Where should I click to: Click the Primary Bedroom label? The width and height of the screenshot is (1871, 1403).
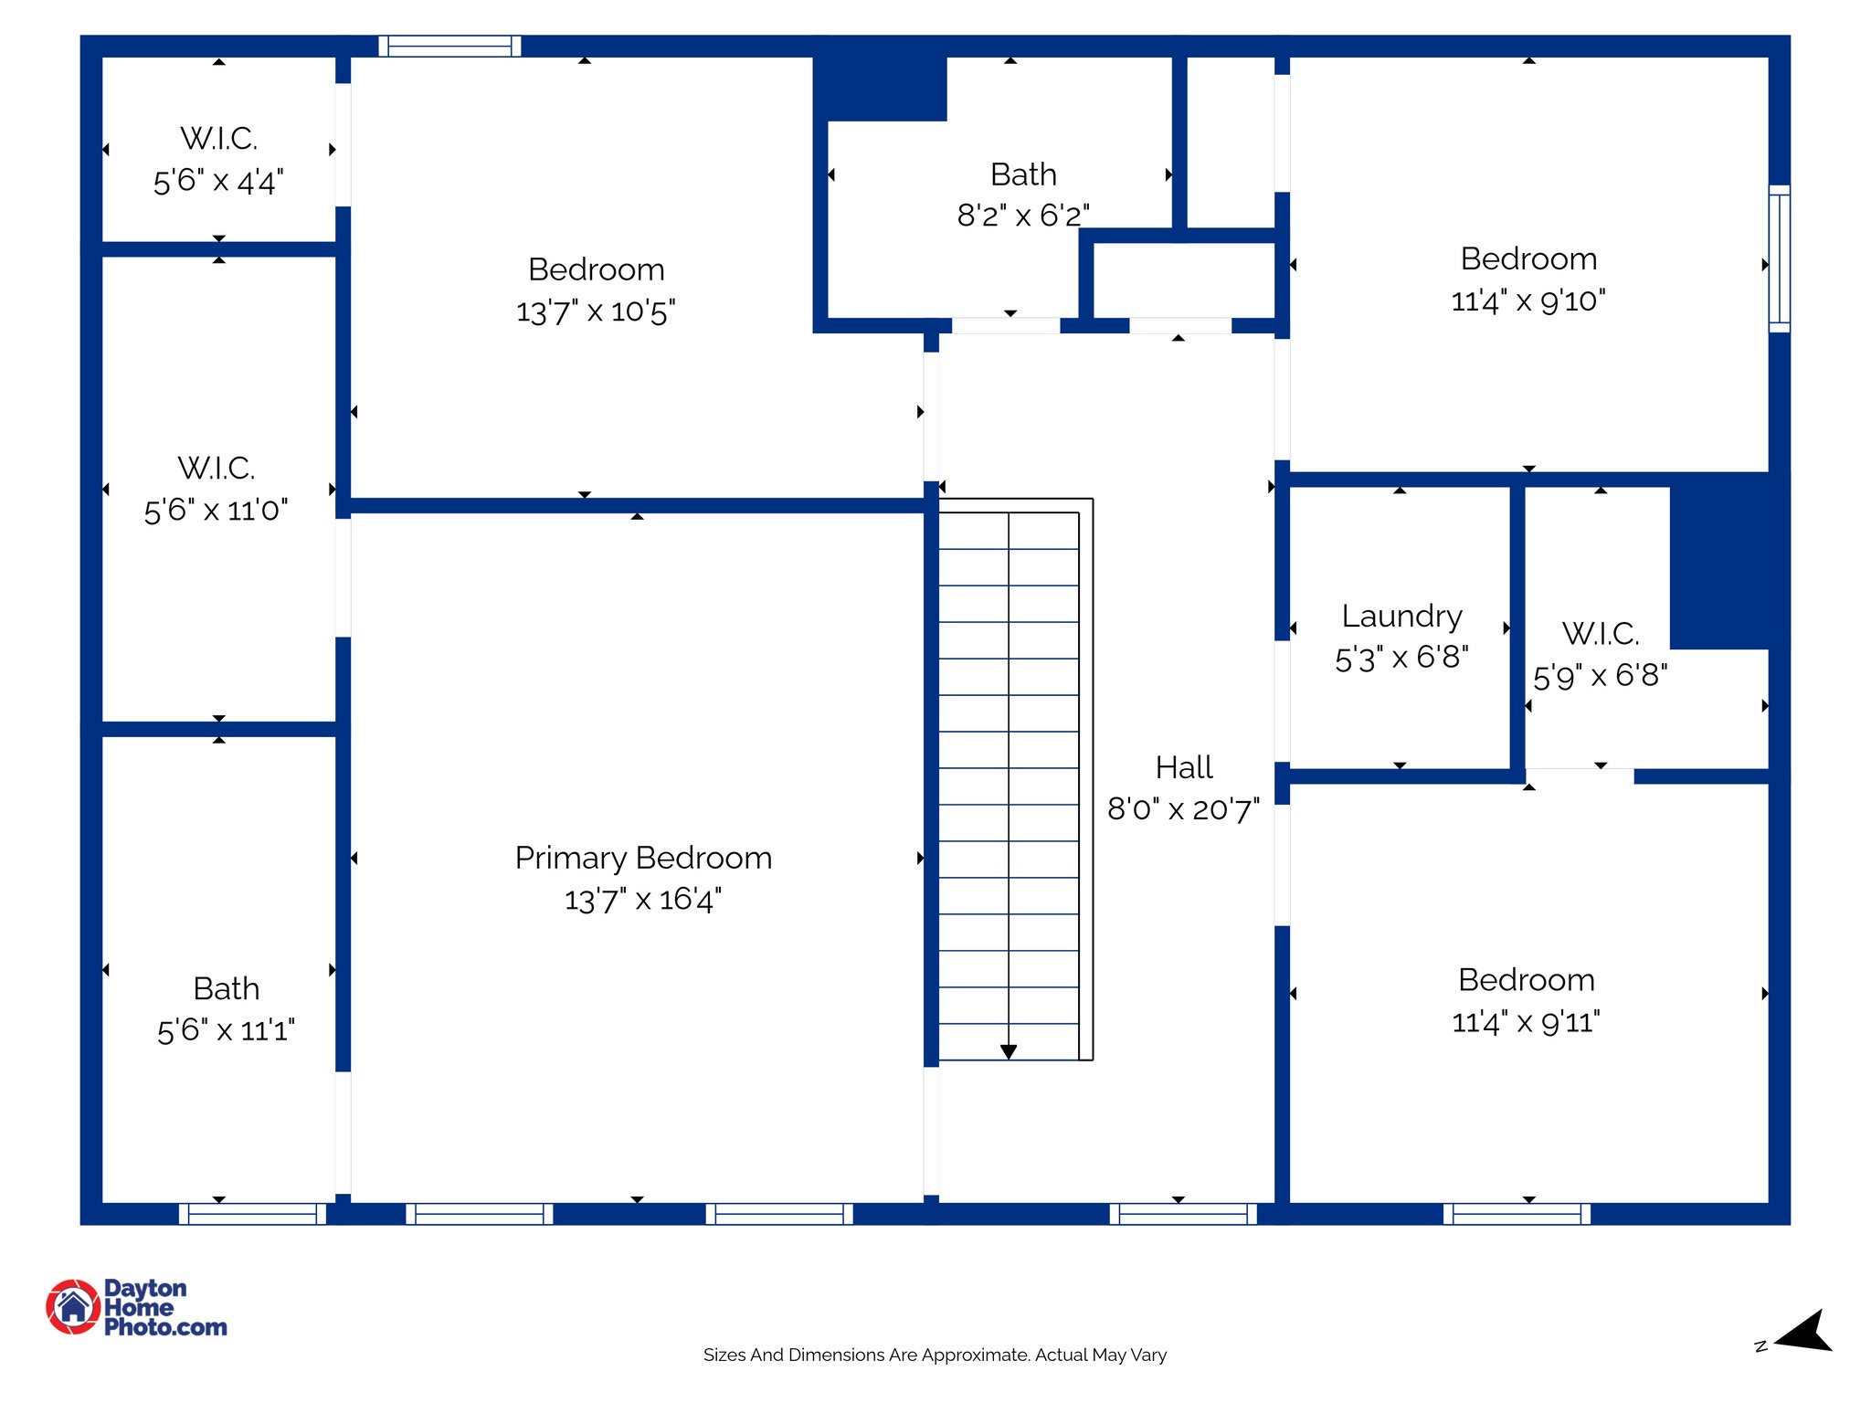pyautogui.click(x=643, y=858)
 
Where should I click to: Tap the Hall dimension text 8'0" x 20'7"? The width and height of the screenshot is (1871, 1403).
pyautogui.click(x=1183, y=809)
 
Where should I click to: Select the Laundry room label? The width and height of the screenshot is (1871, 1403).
pyautogui.click(x=1401, y=617)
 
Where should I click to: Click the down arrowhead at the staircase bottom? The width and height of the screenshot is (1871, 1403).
pyautogui.click(x=1009, y=1051)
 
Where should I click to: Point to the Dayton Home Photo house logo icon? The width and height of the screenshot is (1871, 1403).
pyautogui.click(x=73, y=1306)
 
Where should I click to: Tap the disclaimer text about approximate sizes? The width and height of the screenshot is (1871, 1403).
pyautogui.click(x=935, y=1355)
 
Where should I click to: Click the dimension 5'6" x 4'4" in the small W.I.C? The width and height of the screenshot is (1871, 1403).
pyautogui.click(x=218, y=181)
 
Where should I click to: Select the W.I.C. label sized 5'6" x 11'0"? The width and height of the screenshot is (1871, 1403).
pyautogui.click(x=217, y=469)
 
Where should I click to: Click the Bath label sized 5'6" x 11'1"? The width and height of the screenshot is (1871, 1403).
pyautogui.click(x=226, y=989)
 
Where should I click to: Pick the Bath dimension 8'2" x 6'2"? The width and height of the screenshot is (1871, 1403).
pyautogui.click(x=1022, y=216)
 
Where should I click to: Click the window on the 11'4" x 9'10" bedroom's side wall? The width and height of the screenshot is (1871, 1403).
pyautogui.click(x=1779, y=258)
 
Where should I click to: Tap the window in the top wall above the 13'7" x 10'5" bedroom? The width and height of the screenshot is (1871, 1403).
pyautogui.click(x=449, y=46)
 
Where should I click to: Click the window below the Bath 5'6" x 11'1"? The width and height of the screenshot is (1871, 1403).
pyautogui.click(x=252, y=1213)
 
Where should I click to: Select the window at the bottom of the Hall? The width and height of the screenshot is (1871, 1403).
pyautogui.click(x=1183, y=1213)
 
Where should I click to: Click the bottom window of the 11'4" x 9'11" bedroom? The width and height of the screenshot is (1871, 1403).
pyautogui.click(x=1517, y=1213)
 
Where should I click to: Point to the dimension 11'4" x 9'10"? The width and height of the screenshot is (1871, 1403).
pyautogui.click(x=1527, y=301)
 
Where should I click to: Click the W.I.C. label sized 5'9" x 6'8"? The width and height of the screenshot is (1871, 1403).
pyautogui.click(x=1600, y=634)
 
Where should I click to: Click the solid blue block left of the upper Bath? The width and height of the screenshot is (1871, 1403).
pyautogui.click(x=880, y=87)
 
